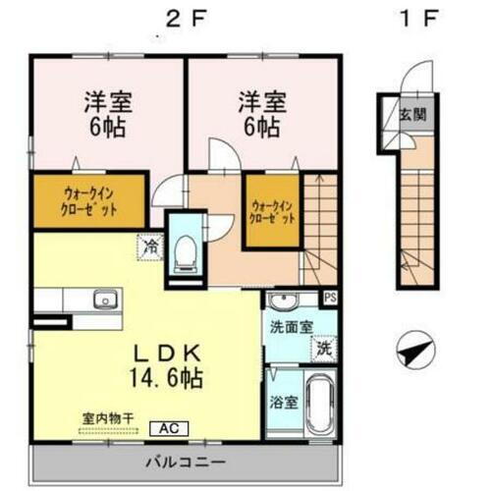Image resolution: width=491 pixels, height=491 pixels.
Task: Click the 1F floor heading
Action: (410, 19)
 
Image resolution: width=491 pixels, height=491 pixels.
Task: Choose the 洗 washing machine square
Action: (323, 347)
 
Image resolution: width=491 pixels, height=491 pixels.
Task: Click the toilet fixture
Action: (184, 252)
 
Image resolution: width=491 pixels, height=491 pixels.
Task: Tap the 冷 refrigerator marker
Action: (150, 245)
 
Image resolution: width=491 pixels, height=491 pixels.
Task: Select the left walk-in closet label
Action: (89, 200)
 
